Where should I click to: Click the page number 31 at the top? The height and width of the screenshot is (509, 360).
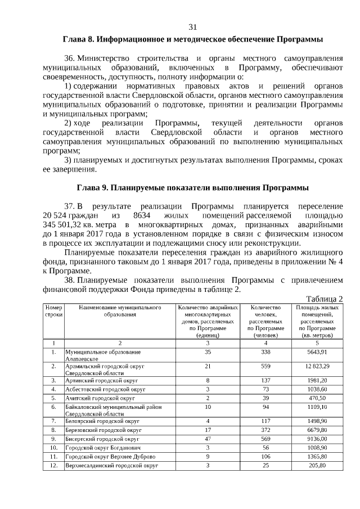pyautogui.click(x=192, y=27)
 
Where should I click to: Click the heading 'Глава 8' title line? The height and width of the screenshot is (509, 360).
pyautogui.click(x=192, y=40)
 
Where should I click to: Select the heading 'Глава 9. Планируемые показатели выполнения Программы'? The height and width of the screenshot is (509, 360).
pyautogui.click(x=192, y=187)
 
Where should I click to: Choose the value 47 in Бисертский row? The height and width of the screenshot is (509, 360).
pyautogui.click(x=208, y=438)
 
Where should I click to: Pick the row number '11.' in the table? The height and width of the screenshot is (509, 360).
pyautogui.click(x=53, y=457)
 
